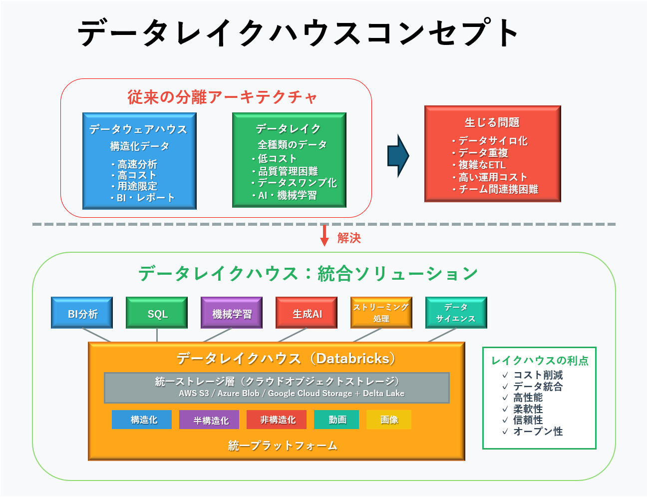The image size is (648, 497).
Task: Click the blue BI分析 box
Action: pyautogui.click(x=82, y=313)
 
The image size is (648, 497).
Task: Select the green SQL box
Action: pyautogui.click(x=157, y=313)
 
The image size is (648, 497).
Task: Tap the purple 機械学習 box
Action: pyautogui.click(x=232, y=313)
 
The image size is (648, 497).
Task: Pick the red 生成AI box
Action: pyautogui.click(x=307, y=313)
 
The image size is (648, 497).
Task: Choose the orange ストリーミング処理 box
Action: pyautogui.click(x=381, y=313)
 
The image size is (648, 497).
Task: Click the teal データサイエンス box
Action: pyautogui.click(x=456, y=313)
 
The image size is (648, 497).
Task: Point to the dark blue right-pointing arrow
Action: pyautogui.click(x=398, y=156)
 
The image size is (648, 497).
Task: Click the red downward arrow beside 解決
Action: pyautogui.click(x=324, y=235)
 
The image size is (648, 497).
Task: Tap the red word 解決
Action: pyautogui.click(x=349, y=238)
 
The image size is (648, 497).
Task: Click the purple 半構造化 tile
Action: pyautogui.click(x=209, y=420)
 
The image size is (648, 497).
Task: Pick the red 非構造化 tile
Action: pyautogui.click(x=277, y=420)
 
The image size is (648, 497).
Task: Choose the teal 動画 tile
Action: pyautogui.click(x=336, y=420)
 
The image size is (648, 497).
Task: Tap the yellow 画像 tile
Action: pyautogui.click(x=389, y=420)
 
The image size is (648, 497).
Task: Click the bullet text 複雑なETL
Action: pyautogui.click(x=482, y=165)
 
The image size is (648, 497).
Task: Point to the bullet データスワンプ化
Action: pyautogui.click(x=297, y=183)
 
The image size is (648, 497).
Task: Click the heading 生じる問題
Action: pyautogui.click(x=492, y=122)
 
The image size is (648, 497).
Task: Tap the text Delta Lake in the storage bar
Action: pyautogui.click(x=383, y=393)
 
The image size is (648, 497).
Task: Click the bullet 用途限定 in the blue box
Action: pyautogui.click(x=137, y=186)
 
